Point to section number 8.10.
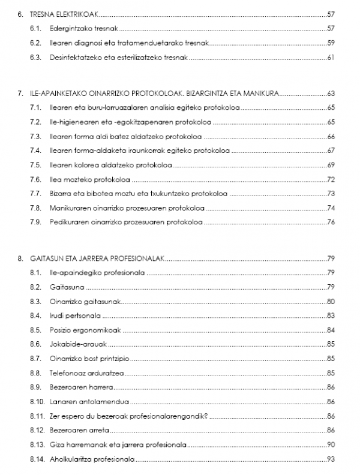point(37,401)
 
